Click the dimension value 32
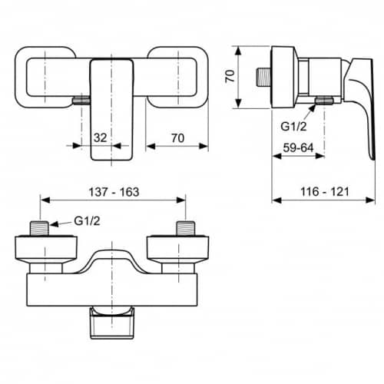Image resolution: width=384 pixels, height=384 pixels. [101, 137]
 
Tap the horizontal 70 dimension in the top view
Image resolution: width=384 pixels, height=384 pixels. [177, 138]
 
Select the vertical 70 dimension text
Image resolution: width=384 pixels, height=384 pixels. [230, 76]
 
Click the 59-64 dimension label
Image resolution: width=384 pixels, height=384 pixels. [298, 147]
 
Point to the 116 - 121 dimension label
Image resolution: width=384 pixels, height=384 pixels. [325, 192]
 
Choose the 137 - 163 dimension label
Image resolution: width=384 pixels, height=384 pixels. [114, 192]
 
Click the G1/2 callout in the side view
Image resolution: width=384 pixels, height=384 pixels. [293, 127]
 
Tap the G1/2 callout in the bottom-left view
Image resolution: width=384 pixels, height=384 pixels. [87, 221]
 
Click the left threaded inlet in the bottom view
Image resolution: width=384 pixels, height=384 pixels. [39, 228]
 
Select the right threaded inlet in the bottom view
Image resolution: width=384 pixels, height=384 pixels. [186, 228]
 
